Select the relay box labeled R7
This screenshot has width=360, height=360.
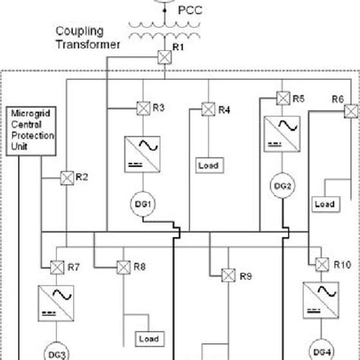pos(57,267)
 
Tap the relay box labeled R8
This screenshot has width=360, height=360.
pos(123,267)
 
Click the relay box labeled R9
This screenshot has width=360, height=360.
pos(226,275)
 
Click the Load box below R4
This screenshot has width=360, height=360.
pos(208,165)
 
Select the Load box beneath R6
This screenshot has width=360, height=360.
pos(324,204)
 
